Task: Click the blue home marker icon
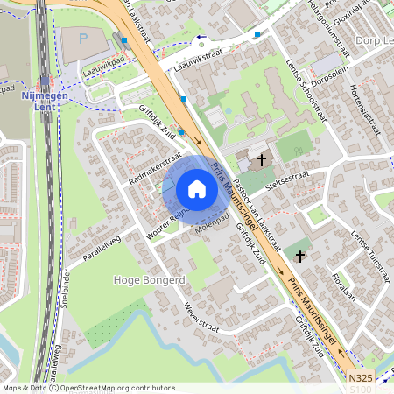point(197,189)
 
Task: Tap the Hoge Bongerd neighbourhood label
point(150,280)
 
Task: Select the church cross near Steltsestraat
point(261,162)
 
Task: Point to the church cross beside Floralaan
point(301,256)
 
